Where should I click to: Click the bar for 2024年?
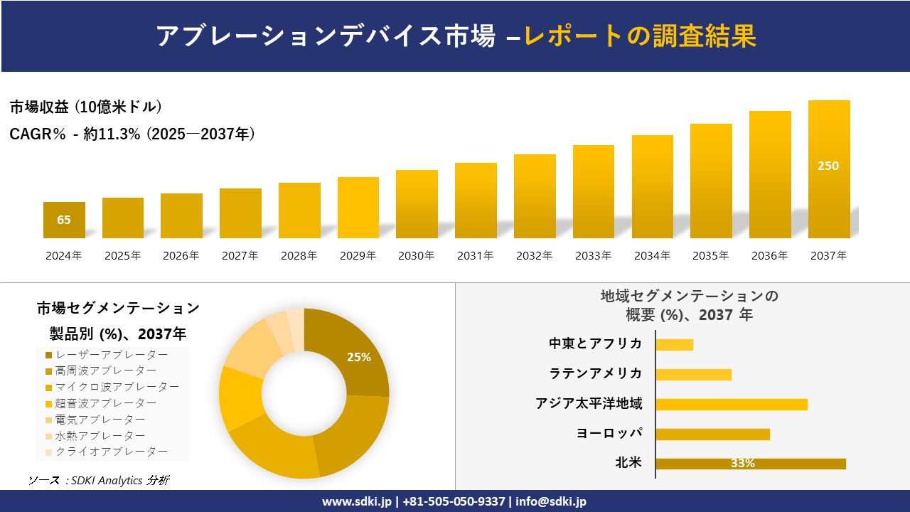[x=64, y=220]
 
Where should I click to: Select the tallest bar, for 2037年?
[x=829, y=169]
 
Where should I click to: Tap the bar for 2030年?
[x=417, y=204]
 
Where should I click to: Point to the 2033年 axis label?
[x=593, y=255]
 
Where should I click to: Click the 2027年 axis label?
[x=240, y=255]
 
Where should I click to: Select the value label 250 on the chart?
[x=828, y=166]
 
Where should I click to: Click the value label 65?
[x=64, y=220]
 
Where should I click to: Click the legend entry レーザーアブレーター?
[x=107, y=355]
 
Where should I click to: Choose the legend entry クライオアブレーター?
[x=107, y=452]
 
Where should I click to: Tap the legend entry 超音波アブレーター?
[x=101, y=403]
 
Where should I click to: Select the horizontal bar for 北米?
[x=751, y=464]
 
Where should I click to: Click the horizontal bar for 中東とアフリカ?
[x=675, y=345]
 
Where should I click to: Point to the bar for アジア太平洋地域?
[x=732, y=405]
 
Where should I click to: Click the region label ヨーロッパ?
[x=609, y=433]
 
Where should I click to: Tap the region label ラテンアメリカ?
[x=596, y=373]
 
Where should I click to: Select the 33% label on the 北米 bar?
[x=743, y=463]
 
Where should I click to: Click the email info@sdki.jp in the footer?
[x=551, y=501]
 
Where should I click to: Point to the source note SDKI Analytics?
[x=107, y=481]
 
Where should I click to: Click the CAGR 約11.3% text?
[x=112, y=134]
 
